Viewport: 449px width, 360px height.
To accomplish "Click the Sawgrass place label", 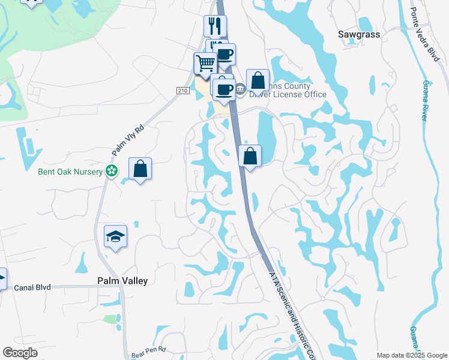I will coord(359,35).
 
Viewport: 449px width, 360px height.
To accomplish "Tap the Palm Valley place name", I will coord(122,281).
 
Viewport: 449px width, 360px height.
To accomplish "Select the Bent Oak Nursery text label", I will coord(68,172).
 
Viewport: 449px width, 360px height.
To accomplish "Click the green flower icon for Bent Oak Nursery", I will coord(111,172).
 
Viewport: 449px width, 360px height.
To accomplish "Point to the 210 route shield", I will coord(183,90).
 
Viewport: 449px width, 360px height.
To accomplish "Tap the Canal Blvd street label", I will coord(32,288).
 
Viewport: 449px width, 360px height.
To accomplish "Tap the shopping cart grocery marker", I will coord(205,63).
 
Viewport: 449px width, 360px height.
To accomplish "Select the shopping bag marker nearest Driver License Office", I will coord(258,80).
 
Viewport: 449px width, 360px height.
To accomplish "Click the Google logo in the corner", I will coord(20,353).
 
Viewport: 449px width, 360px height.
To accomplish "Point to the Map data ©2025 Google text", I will coord(412,355).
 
